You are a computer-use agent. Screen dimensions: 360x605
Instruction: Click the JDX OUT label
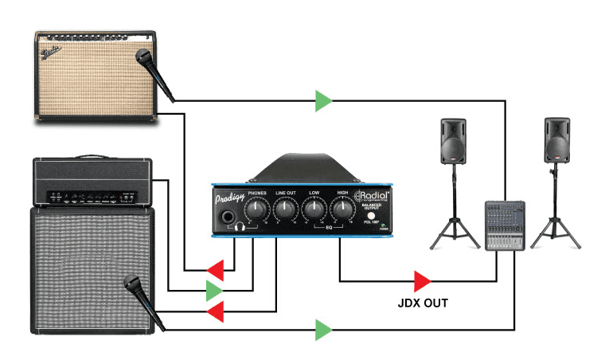422,303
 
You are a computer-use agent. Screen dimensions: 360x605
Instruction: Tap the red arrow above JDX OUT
422,280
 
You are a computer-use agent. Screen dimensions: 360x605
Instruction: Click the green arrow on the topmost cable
323,100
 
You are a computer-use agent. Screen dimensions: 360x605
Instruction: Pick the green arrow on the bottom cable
323,329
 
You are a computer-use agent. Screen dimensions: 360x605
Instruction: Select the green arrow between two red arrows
214,291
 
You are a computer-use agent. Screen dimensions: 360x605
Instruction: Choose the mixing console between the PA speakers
503,225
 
